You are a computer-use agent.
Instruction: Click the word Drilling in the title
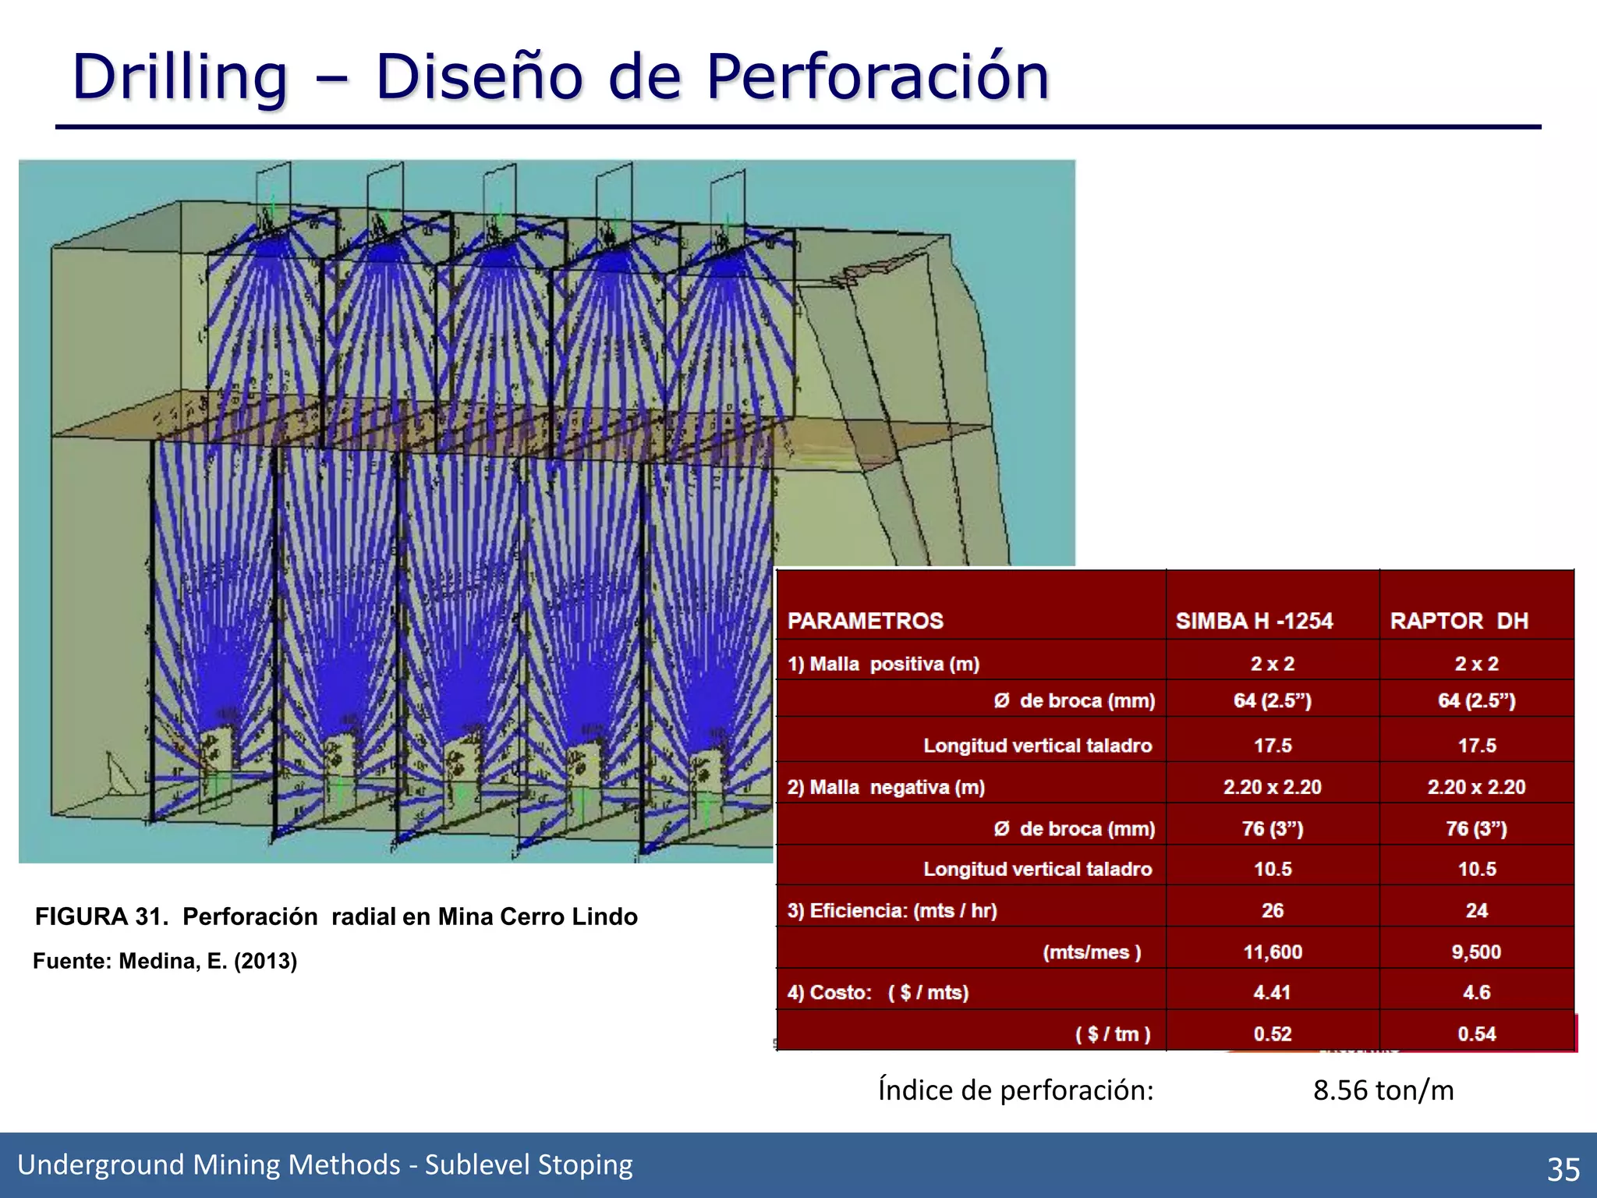click(180, 78)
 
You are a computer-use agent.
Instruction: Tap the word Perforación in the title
click(877, 78)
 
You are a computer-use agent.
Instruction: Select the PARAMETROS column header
click(865, 621)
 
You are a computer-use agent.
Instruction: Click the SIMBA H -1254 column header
click(1254, 621)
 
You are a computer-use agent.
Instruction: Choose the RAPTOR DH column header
click(1458, 621)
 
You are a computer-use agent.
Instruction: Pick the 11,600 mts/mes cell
click(1273, 952)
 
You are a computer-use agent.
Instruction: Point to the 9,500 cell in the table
click(1476, 952)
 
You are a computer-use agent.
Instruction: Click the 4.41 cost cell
click(1273, 992)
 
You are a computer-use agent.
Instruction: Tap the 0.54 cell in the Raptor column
click(1476, 1033)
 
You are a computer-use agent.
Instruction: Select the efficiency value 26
click(1273, 910)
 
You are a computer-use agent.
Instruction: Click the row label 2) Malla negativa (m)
click(886, 787)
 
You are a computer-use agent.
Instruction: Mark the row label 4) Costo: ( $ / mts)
click(878, 992)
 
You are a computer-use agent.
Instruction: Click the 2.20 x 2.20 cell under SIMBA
click(1273, 787)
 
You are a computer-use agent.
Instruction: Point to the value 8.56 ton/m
click(1383, 1090)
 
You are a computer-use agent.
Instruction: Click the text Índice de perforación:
click(1015, 1090)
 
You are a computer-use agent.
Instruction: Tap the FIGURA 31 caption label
click(101, 916)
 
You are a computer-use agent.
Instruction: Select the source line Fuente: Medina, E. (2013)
click(165, 961)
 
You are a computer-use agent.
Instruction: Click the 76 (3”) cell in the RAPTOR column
click(1476, 828)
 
